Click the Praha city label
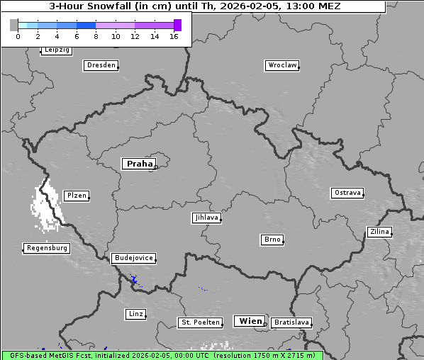click(x=138, y=164)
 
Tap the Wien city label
click(x=250, y=321)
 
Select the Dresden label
click(x=100, y=65)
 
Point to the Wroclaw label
click(x=281, y=65)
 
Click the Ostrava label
click(x=347, y=193)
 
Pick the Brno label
click(x=272, y=240)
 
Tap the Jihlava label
click(x=206, y=218)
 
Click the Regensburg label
click(x=47, y=248)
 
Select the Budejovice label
click(x=133, y=258)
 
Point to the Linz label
click(x=135, y=313)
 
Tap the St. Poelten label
click(x=201, y=322)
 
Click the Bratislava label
click(x=291, y=322)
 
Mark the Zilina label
click(x=378, y=232)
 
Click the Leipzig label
click(x=56, y=50)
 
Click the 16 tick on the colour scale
click(x=174, y=36)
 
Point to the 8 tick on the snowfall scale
click(x=96, y=36)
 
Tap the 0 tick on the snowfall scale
click(x=18, y=36)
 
